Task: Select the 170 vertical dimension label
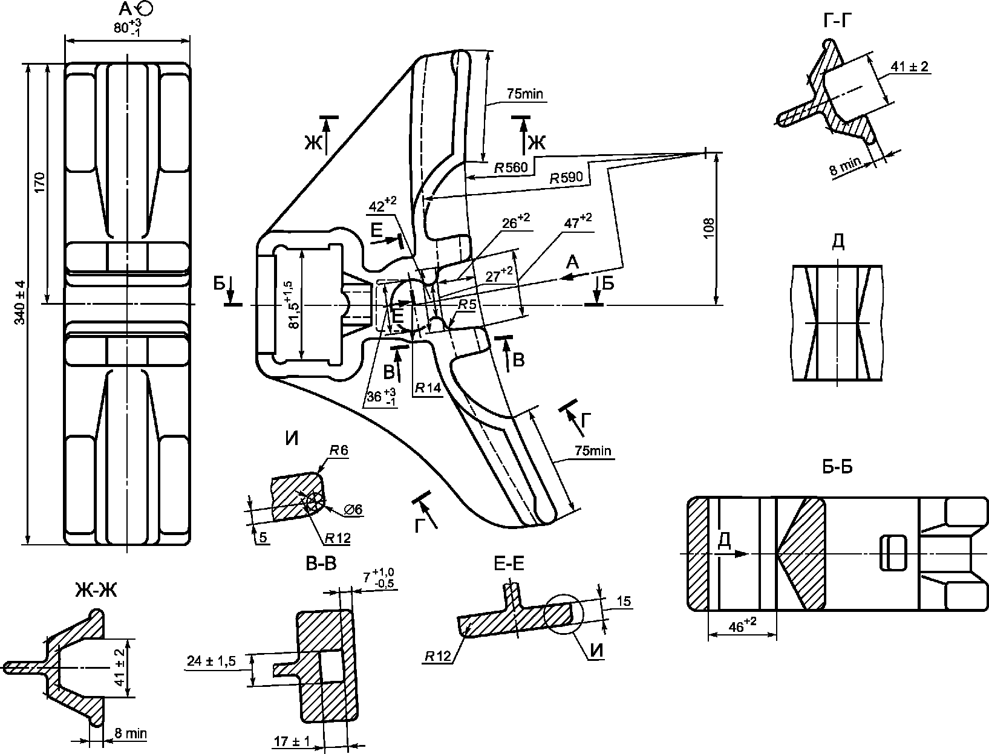point(40,183)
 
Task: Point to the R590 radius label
point(566,178)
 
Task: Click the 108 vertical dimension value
point(709,229)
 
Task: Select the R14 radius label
point(428,388)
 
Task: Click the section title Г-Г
point(837,21)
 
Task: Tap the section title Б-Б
point(837,467)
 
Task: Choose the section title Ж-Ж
point(96,590)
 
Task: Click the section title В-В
point(321,564)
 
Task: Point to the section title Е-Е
point(509,564)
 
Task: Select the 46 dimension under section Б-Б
point(742,626)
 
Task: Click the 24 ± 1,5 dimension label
point(211,661)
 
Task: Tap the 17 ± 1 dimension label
point(292,741)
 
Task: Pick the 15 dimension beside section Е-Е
point(624,602)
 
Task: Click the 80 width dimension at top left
point(127,27)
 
